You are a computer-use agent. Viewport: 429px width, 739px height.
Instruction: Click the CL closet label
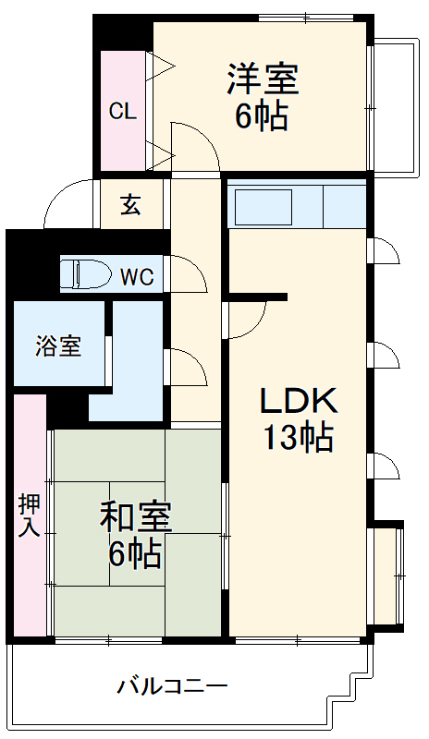coord(122,112)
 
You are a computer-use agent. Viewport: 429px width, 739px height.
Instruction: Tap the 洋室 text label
coord(264,79)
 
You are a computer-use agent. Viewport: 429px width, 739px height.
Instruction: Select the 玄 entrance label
coord(130,205)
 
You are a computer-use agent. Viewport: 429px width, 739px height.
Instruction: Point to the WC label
coord(136,276)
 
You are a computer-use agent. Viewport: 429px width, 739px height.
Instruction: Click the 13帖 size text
coord(298,437)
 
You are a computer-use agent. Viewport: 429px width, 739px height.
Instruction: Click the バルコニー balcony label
coord(172,686)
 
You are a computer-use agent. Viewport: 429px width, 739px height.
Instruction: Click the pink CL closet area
coord(122,139)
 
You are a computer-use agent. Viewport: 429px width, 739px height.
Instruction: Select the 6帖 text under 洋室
coord(263,117)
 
